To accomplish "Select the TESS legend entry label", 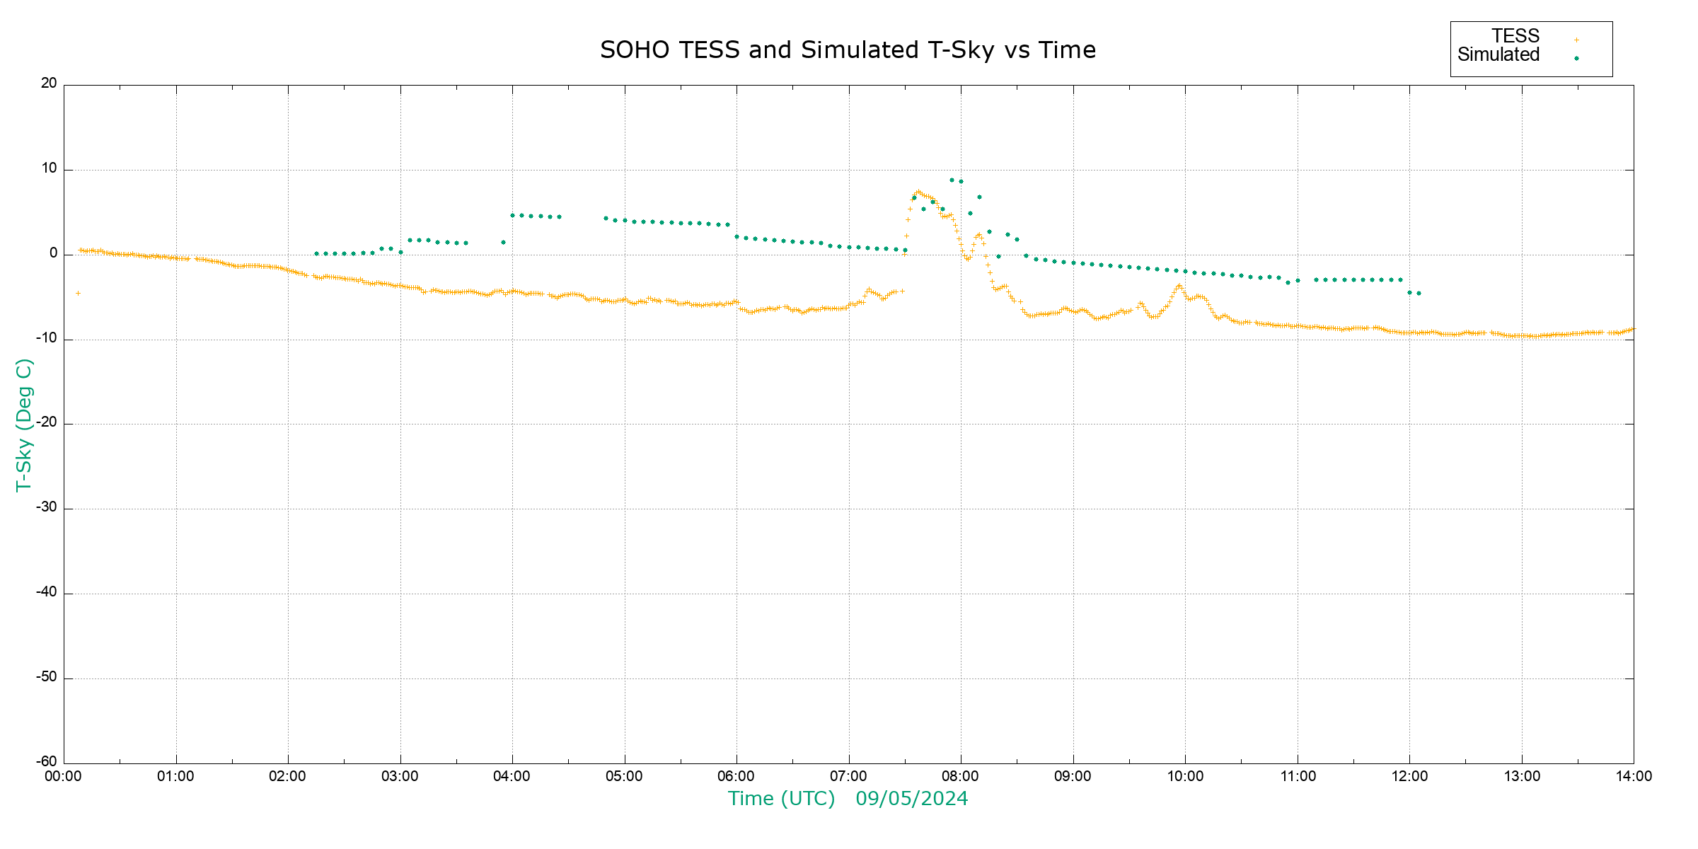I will [x=1515, y=36].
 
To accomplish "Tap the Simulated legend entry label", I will [x=1498, y=55].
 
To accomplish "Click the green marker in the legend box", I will [x=1576, y=59].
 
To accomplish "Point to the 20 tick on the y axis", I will [x=49, y=83].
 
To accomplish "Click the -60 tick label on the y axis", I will [x=47, y=762].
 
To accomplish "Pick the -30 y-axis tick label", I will [x=47, y=507].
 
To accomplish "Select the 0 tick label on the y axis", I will [x=53, y=253].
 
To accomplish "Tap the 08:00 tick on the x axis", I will [x=960, y=777].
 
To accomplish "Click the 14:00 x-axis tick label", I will [x=1634, y=777].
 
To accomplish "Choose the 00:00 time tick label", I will [x=63, y=777].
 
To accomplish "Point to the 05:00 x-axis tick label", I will [x=624, y=777].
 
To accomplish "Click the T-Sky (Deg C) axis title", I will [x=24, y=424].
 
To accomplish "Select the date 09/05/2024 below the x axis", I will [x=911, y=799].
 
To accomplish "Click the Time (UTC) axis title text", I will [x=781, y=799].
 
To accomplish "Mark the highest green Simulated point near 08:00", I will [x=952, y=180].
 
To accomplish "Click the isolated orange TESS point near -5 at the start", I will [x=78, y=293].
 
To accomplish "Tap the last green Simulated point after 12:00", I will [x=1419, y=293].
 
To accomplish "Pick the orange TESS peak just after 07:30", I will [x=918, y=192].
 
